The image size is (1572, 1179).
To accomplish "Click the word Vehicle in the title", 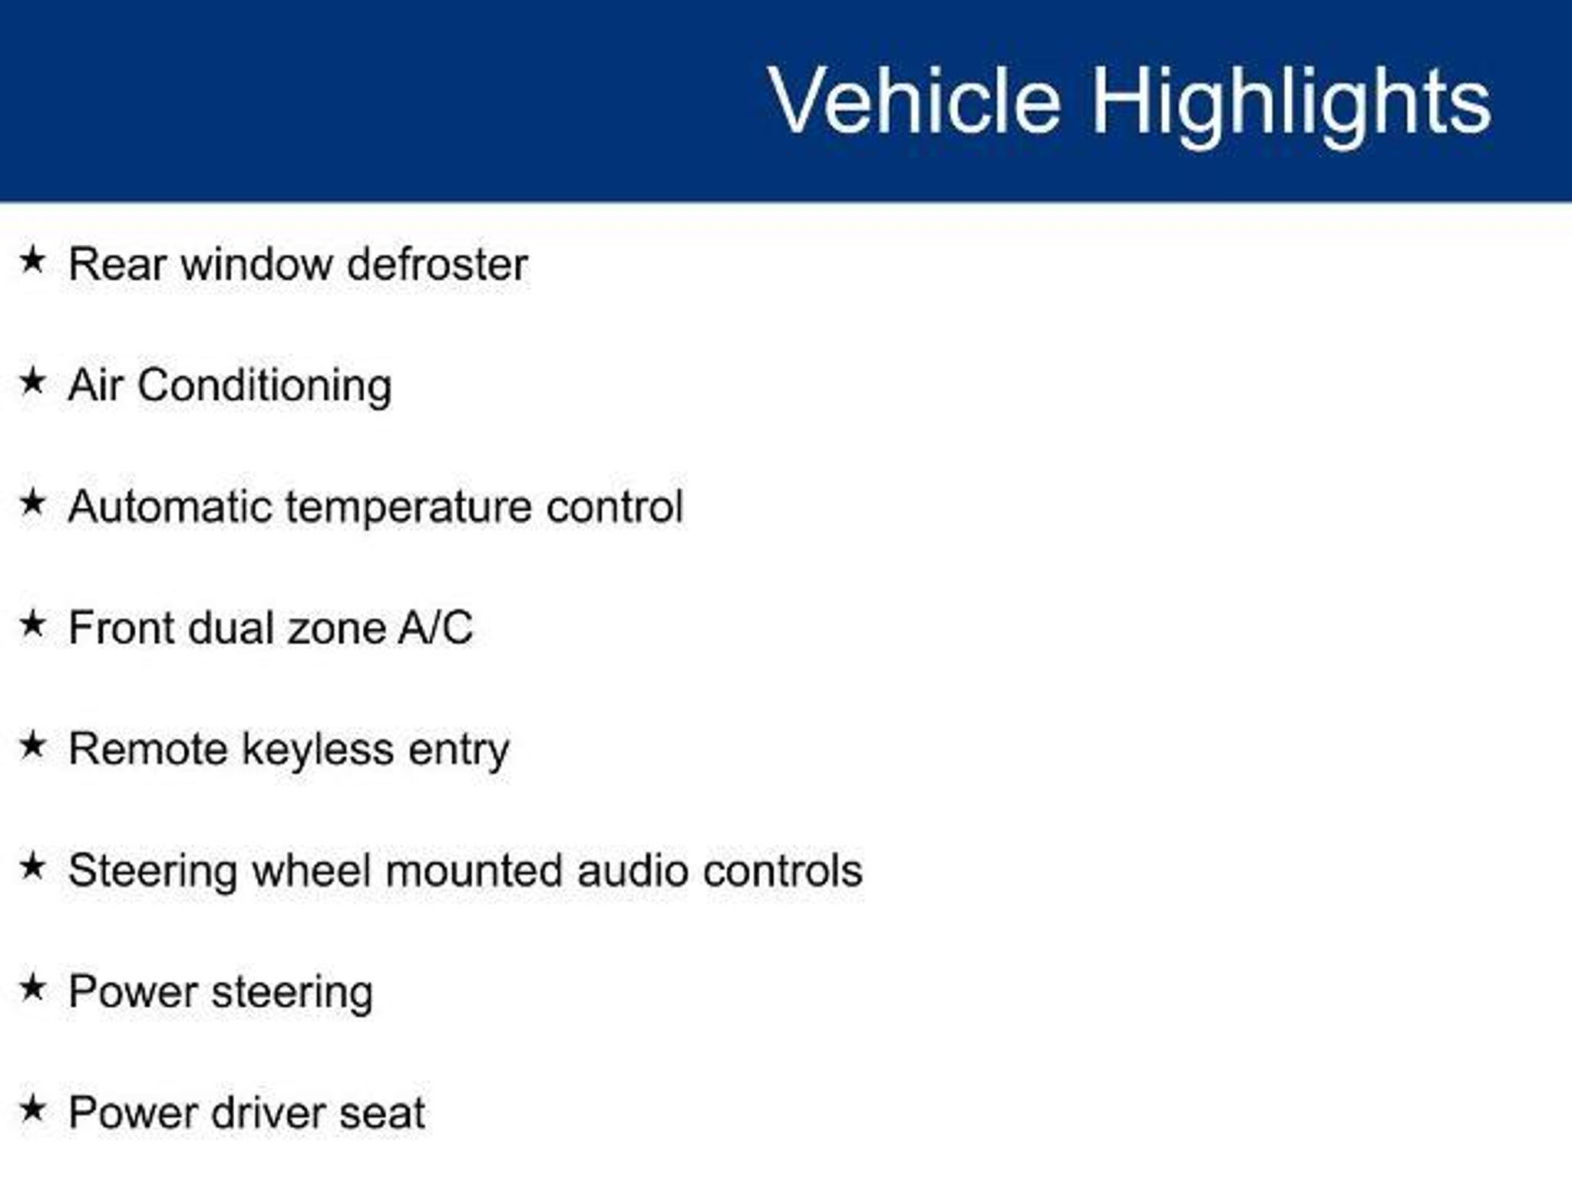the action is coord(914,101).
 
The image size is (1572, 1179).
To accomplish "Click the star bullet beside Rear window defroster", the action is coord(32,260).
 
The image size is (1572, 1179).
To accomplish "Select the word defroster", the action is coord(437,264).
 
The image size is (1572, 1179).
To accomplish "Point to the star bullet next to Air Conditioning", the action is coord(32,381).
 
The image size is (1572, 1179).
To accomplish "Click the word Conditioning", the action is coord(265,387).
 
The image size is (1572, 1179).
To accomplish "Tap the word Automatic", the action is coord(170,507).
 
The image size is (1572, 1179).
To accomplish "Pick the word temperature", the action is coord(408,508).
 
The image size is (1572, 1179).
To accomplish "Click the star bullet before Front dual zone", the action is coord(32,623).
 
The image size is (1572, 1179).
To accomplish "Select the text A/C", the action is coord(435,628).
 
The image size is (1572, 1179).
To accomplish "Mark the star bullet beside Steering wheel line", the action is coord(32,867).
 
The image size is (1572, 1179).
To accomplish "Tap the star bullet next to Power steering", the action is coord(32,988).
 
